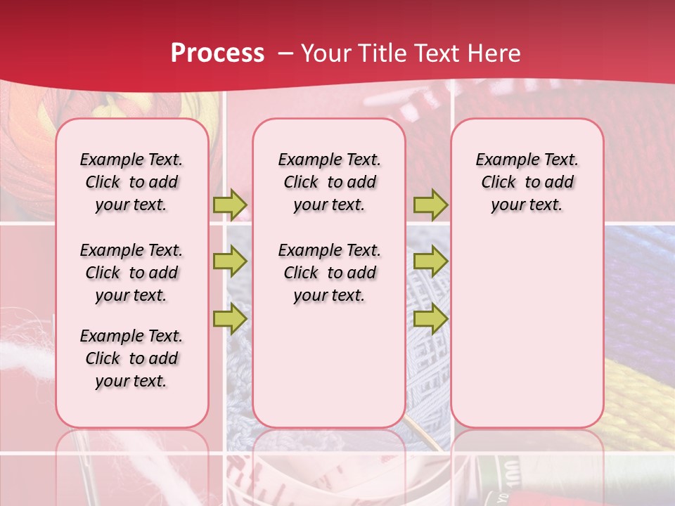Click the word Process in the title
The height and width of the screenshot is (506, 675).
click(x=217, y=53)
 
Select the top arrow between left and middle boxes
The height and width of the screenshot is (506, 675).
click(x=230, y=205)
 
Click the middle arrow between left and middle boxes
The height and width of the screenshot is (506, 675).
click(x=230, y=262)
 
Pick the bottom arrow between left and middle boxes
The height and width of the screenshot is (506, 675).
click(x=230, y=318)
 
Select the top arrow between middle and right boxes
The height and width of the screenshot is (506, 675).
click(x=430, y=205)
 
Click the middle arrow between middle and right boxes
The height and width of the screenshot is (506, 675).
click(x=430, y=262)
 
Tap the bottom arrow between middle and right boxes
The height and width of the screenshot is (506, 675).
click(x=430, y=318)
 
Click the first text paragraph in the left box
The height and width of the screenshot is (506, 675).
click(x=131, y=182)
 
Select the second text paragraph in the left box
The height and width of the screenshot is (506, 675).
click(x=131, y=273)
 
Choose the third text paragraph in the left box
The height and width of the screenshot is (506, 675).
click(x=131, y=358)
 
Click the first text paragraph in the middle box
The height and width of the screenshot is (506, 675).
click(x=329, y=182)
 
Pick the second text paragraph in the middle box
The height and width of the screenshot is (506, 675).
click(x=329, y=273)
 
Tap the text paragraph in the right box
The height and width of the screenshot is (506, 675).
click(x=527, y=182)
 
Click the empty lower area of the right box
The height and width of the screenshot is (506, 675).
click(x=527, y=323)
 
